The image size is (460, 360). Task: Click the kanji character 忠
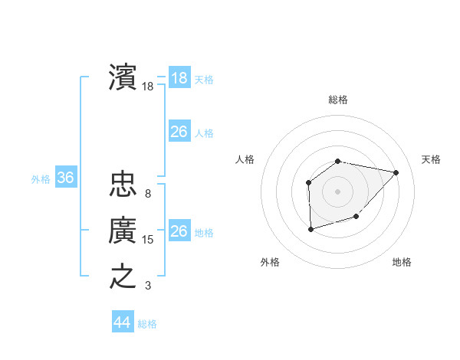123,183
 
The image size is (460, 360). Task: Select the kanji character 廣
123,229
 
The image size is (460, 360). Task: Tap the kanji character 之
123,275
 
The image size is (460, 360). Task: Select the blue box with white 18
179,77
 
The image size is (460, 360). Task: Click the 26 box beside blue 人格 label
179,132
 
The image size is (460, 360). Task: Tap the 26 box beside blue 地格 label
179,231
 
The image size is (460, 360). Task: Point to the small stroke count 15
148,240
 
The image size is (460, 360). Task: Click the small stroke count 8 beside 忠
148,194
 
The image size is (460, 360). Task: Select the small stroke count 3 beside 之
148,286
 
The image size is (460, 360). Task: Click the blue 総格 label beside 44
147,324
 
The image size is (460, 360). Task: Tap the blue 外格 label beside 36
41,179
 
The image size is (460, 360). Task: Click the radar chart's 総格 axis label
338,100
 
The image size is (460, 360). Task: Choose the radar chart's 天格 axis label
432,159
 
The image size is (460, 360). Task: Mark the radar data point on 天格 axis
396,172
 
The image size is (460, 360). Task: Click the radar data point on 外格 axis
310,229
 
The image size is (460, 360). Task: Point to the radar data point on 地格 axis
356,218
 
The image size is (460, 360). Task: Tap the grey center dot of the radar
338,191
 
